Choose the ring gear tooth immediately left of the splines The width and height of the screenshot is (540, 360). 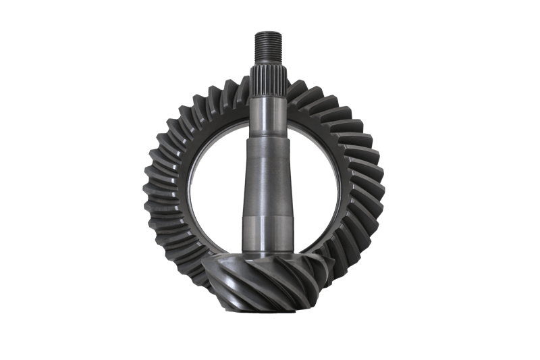(x=234, y=91)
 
